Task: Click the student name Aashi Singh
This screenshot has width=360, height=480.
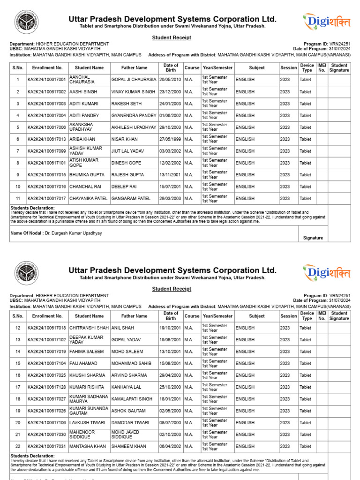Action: coord(83,92)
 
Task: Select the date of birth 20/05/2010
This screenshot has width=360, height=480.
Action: coord(171,80)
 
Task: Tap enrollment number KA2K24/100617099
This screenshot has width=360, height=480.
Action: coord(47,151)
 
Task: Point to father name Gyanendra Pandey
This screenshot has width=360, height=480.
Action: coord(134,115)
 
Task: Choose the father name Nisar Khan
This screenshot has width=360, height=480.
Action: coord(125,139)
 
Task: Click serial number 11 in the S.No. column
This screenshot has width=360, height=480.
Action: coord(18,198)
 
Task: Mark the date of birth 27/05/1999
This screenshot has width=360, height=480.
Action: coord(171,139)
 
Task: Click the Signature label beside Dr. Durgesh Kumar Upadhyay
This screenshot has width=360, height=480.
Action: coord(313,238)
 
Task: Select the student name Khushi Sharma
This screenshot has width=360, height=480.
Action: coord(86,375)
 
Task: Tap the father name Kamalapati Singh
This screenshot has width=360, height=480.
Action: coord(132,399)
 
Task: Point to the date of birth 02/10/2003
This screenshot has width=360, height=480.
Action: coord(171,435)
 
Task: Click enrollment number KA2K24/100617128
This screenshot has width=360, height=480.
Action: coord(47,387)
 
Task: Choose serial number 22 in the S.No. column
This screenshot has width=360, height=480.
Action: coord(18,447)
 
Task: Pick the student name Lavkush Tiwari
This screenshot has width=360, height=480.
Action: coord(87,423)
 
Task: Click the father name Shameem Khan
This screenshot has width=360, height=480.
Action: coord(128,447)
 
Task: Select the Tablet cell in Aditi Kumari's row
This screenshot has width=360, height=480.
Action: coord(305,104)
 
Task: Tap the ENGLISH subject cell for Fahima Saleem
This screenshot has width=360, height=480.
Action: coord(245,352)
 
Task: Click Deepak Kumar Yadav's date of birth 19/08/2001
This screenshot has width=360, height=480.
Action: coord(171,340)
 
